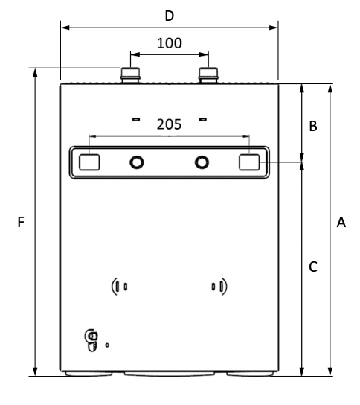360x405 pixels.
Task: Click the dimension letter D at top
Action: pyautogui.click(x=169, y=15)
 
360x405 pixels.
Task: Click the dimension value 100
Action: pyautogui.click(x=169, y=42)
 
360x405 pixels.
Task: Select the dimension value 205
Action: pyautogui.click(x=169, y=124)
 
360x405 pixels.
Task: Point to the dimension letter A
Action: pyautogui.click(x=341, y=222)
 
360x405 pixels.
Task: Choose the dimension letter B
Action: pyautogui.click(x=313, y=127)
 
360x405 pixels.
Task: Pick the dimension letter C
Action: pyautogui.click(x=313, y=266)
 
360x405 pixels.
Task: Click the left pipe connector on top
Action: pyautogui.click(x=131, y=74)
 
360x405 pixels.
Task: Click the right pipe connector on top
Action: pyautogui.click(x=208, y=74)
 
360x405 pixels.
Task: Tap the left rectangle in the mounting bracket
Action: pyautogui.click(x=90, y=162)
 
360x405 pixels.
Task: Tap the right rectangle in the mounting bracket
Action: pyautogui.click(x=249, y=162)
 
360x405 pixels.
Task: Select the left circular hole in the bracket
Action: pyautogui.click(x=137, y=162)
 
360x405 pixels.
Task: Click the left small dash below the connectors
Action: pyautogui.click(x=135, y=118)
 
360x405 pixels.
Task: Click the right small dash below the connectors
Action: pyautogui.click(x=202, y=118)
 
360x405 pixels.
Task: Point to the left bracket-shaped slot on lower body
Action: pyautogui.click(x=119, y=285)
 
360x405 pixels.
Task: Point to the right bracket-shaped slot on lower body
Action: pyautogui.click(x=219, y=285)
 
